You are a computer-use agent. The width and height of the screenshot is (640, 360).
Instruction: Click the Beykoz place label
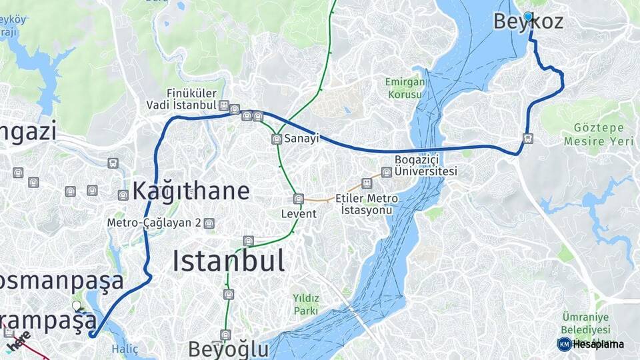pos(528,22)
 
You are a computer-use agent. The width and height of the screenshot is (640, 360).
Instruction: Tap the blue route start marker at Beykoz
pos(528,17)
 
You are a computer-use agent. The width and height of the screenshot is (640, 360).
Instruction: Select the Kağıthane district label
pos(191,191)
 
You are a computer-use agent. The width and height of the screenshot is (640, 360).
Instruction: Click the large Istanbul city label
pos(229,260)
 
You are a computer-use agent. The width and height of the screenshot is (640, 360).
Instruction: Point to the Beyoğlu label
pos(228,349)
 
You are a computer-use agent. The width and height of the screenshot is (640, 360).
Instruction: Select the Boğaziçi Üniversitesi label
pos(425,165)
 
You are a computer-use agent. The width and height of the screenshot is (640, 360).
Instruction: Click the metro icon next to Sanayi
pos(277,139)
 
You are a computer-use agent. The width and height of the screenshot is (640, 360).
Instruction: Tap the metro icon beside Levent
pos(299,199)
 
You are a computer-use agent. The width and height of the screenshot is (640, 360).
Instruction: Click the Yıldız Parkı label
pos(306,304)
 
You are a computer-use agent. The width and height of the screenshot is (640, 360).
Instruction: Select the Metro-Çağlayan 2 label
pos(154,223)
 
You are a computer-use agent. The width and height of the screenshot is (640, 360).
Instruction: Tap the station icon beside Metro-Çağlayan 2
pos(209,223)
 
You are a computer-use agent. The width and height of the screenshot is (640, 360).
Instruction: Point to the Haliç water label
pos(125,348)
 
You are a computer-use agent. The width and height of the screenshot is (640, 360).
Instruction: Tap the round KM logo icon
pos(564,344)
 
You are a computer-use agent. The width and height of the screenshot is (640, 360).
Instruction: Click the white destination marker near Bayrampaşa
pos(77,306)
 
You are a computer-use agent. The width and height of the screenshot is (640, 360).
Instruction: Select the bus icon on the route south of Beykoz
pos(528,139)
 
